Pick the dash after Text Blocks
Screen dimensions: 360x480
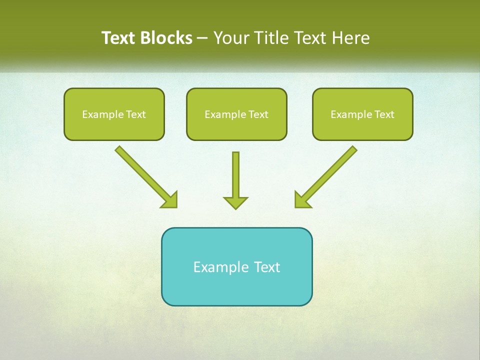pos(202,38)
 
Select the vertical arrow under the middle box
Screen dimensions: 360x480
pos(235,175)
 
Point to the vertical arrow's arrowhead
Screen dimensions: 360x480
pos(235,202)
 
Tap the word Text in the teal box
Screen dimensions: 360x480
pos(267,267)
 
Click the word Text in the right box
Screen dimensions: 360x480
pos(384,114)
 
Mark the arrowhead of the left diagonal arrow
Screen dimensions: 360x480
pos(171,200)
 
